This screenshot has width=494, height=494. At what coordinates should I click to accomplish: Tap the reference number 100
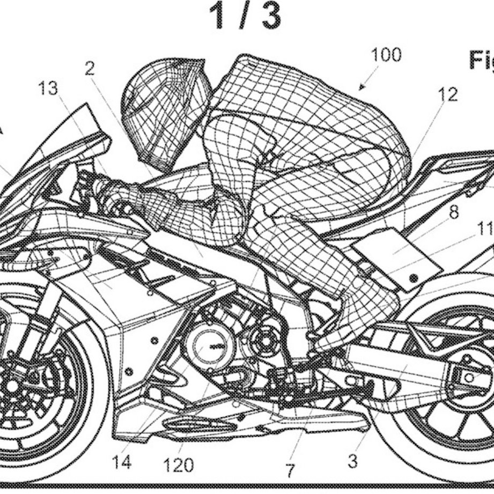386,55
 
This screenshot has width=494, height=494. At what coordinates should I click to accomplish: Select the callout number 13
48,89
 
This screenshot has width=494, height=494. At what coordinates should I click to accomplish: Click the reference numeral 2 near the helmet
90,68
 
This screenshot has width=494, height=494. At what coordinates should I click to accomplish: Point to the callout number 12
447,94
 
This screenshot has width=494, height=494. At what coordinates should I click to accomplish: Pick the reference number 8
454,212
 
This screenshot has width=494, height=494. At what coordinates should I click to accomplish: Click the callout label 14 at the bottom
121,461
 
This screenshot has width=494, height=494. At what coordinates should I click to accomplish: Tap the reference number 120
178,464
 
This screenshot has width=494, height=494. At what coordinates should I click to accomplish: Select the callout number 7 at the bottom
289,470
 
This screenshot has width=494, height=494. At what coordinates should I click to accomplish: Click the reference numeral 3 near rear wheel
352,460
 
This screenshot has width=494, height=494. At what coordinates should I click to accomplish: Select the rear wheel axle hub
468,378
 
